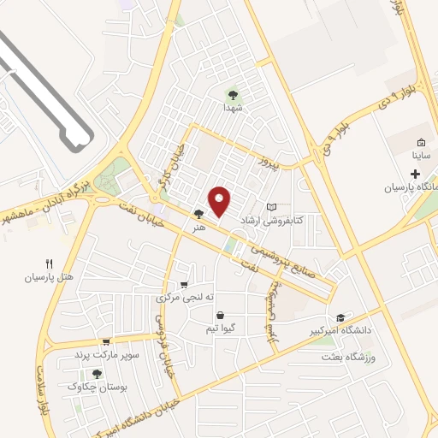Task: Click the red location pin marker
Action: (220, 201)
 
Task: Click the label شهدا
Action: (234, 109)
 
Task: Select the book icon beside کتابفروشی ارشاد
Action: (272, 207)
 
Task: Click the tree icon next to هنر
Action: (198, 215)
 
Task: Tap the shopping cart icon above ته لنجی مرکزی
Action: (184, 286)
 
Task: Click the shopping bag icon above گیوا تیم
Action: (220, 315)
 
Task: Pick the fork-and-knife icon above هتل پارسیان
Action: (49, 264)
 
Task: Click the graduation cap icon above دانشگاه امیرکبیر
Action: (340, 317)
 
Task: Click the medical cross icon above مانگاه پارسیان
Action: (415, 175)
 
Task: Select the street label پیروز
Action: (271, 162)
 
